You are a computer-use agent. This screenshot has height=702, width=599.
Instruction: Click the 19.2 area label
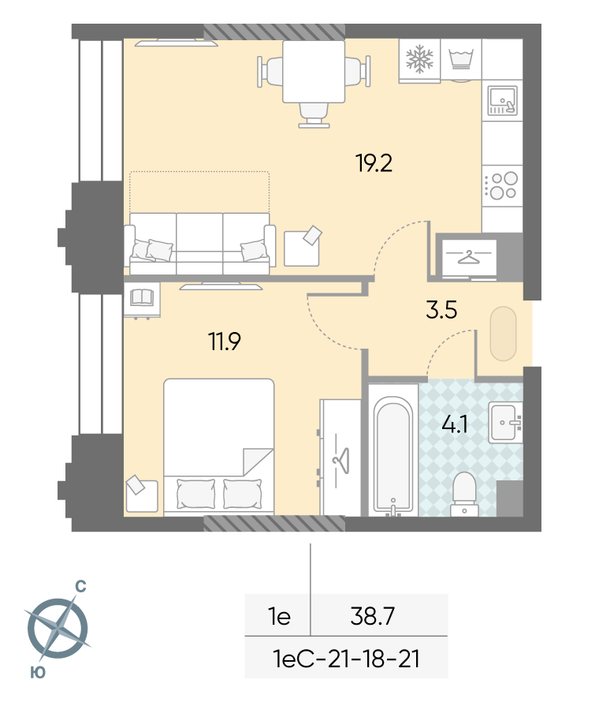click(x=374, y=163)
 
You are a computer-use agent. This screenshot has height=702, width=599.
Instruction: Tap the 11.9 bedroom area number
click(x=225, y=342)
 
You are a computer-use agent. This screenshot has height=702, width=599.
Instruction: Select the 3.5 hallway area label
click(x=441, y=310)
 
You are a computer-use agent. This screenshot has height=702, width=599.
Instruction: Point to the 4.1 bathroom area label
click(x=455, y=424)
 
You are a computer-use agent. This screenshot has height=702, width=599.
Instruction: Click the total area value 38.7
click(x=373, y=616)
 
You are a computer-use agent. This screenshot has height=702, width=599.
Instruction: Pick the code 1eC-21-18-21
click(x=346, y=659)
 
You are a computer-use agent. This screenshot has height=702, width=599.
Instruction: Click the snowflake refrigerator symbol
click(x=419, y=59)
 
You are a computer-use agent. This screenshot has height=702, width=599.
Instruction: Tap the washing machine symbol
click(x=461, y=60)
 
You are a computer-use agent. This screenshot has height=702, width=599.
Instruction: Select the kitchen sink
click(x=502, y=101)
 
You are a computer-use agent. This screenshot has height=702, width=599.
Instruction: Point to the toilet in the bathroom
click(x=464, y=495)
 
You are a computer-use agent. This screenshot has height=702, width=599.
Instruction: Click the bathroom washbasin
click(x=505, y=423)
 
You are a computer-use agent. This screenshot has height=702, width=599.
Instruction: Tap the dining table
click(x=314, y=72)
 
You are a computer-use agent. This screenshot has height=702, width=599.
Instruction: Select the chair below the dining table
click(x=314, y=115)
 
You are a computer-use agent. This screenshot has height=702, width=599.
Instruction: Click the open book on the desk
click(x=142, y=297)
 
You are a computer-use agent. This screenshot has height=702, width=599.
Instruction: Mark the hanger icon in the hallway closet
click(x=468, y=256)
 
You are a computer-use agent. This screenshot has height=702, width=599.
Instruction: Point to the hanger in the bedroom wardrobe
click(x=341, y=460)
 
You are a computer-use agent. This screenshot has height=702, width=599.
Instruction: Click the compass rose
click(x=58, y=628)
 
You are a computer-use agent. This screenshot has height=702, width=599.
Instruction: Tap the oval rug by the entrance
click(x=504, y=334)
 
